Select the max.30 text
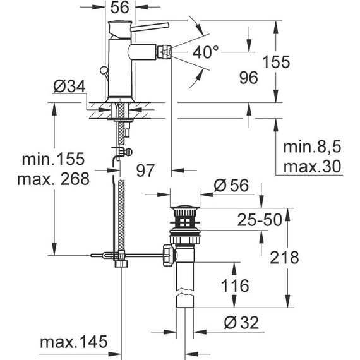click(312, 166)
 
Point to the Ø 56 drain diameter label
click(232, 186)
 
